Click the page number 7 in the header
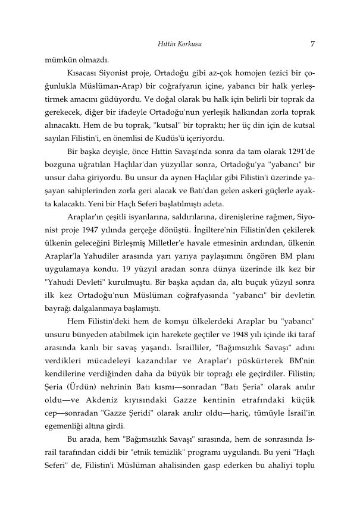(x=312, y=43)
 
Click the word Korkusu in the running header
(x=187, y=43)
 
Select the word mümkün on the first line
(x=58, y=60)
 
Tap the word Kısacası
(x=84, y=74)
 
